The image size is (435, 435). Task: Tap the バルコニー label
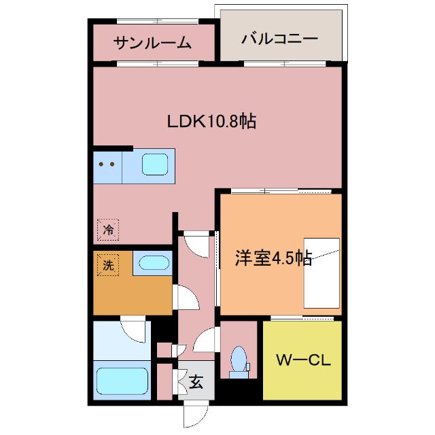279,39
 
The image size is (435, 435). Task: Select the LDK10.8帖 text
211,122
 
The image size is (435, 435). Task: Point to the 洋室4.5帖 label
273,258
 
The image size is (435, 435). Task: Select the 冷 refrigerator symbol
107,230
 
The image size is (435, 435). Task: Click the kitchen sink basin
154,164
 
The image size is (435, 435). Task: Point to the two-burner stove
107,165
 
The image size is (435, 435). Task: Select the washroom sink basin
152,262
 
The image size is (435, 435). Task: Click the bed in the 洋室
322,273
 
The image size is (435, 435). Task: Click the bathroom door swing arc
133,329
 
